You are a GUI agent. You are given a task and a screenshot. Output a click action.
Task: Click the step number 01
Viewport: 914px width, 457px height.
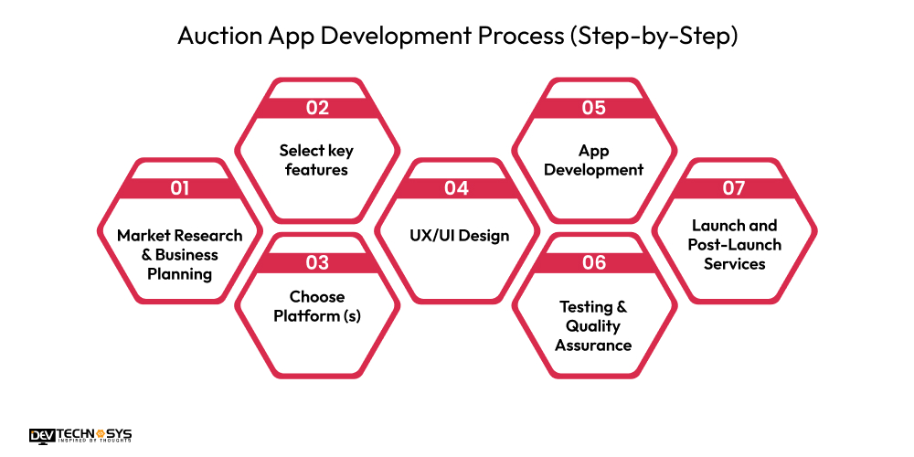[x=180, y=188]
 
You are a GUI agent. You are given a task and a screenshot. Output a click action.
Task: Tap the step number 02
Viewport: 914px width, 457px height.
[x=317, y=108]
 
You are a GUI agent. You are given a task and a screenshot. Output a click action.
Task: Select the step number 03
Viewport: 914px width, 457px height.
[x=317, y=263]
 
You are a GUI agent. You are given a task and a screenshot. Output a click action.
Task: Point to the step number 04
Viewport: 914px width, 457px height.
[x=456, y=188]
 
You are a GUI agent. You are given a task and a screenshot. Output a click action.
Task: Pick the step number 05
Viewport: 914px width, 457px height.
[x=593, y=108]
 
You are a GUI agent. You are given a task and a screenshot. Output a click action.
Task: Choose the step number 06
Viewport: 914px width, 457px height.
[x=593, y=263]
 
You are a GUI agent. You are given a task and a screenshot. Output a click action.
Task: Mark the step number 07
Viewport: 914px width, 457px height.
[x=733, y=188]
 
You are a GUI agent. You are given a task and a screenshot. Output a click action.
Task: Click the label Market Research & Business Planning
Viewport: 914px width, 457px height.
[x=180, y=254]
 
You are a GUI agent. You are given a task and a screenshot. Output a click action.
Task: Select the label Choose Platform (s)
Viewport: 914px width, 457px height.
[x=317, y=305]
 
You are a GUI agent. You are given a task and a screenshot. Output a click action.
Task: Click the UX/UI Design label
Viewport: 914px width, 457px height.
[x=456, y=236]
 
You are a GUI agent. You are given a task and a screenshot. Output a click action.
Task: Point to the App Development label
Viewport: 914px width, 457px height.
[x=593, y=160]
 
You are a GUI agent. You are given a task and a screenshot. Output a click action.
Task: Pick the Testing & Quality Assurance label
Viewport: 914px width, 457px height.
[x=593, y=325]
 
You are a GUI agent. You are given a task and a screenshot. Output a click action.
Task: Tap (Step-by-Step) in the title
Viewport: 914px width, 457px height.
[x=652, y=37]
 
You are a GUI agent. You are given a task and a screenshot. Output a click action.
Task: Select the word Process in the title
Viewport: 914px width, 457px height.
[x=521, y=37]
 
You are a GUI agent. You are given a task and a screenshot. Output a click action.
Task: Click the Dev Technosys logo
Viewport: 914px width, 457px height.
[x=80, y=436]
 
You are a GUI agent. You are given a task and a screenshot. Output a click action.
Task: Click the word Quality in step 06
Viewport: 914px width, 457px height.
[x=593, y=325]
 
